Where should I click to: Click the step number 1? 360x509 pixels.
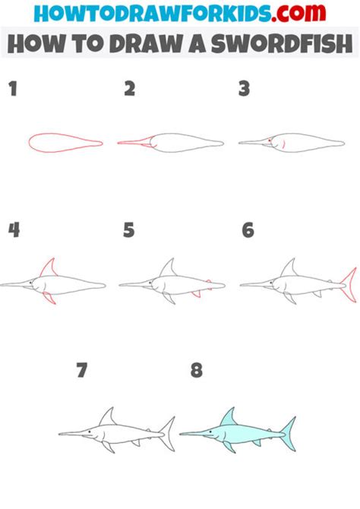12,90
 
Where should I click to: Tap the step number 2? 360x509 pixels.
130,90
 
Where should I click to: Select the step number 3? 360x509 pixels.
245,90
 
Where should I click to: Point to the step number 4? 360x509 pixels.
13,229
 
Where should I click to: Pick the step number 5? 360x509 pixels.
129,229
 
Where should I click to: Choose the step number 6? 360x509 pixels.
248,229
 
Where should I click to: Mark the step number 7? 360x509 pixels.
82,370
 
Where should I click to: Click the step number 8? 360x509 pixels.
197,370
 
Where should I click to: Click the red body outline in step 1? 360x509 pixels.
65,141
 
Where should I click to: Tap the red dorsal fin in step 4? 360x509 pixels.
50,270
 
